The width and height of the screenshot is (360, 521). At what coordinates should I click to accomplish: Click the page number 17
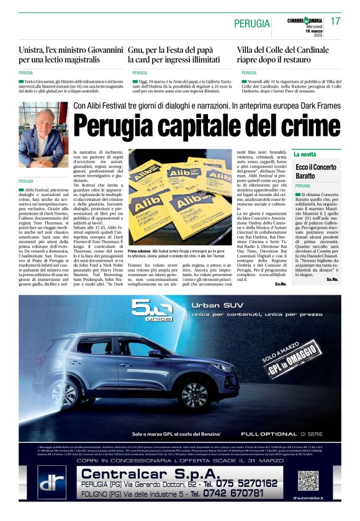click(x=335, y=21)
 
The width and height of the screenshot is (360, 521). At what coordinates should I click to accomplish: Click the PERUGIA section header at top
click(x=252, y=24)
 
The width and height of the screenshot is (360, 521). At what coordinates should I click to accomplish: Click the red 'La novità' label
click(x=305, y=154)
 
